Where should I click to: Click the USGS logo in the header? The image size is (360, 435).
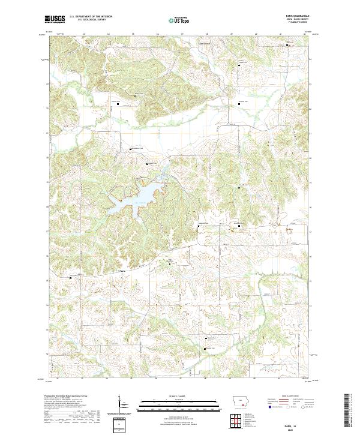click(55, 19)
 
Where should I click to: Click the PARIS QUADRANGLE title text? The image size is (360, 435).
click(299, 16)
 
